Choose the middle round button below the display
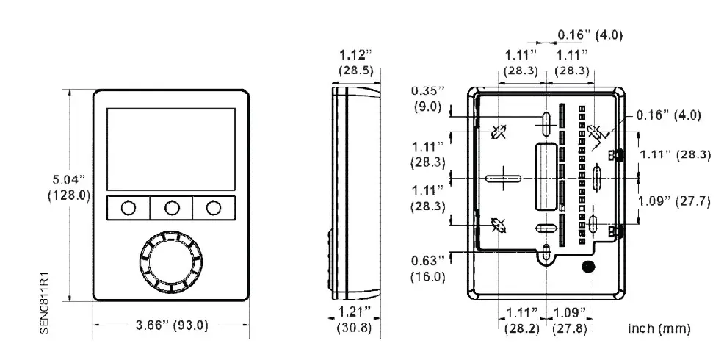tap(172, 208)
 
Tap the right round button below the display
tap(214, 208)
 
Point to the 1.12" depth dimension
tap(355, 54)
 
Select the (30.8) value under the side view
tap(354, 328)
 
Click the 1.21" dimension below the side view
tap(354, 313)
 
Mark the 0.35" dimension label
tap(428, 90)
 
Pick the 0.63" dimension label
tap(428, 261)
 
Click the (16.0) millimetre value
tap(428, 276)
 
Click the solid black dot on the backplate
tap(587, 266)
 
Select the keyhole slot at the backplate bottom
tap(546, 254)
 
